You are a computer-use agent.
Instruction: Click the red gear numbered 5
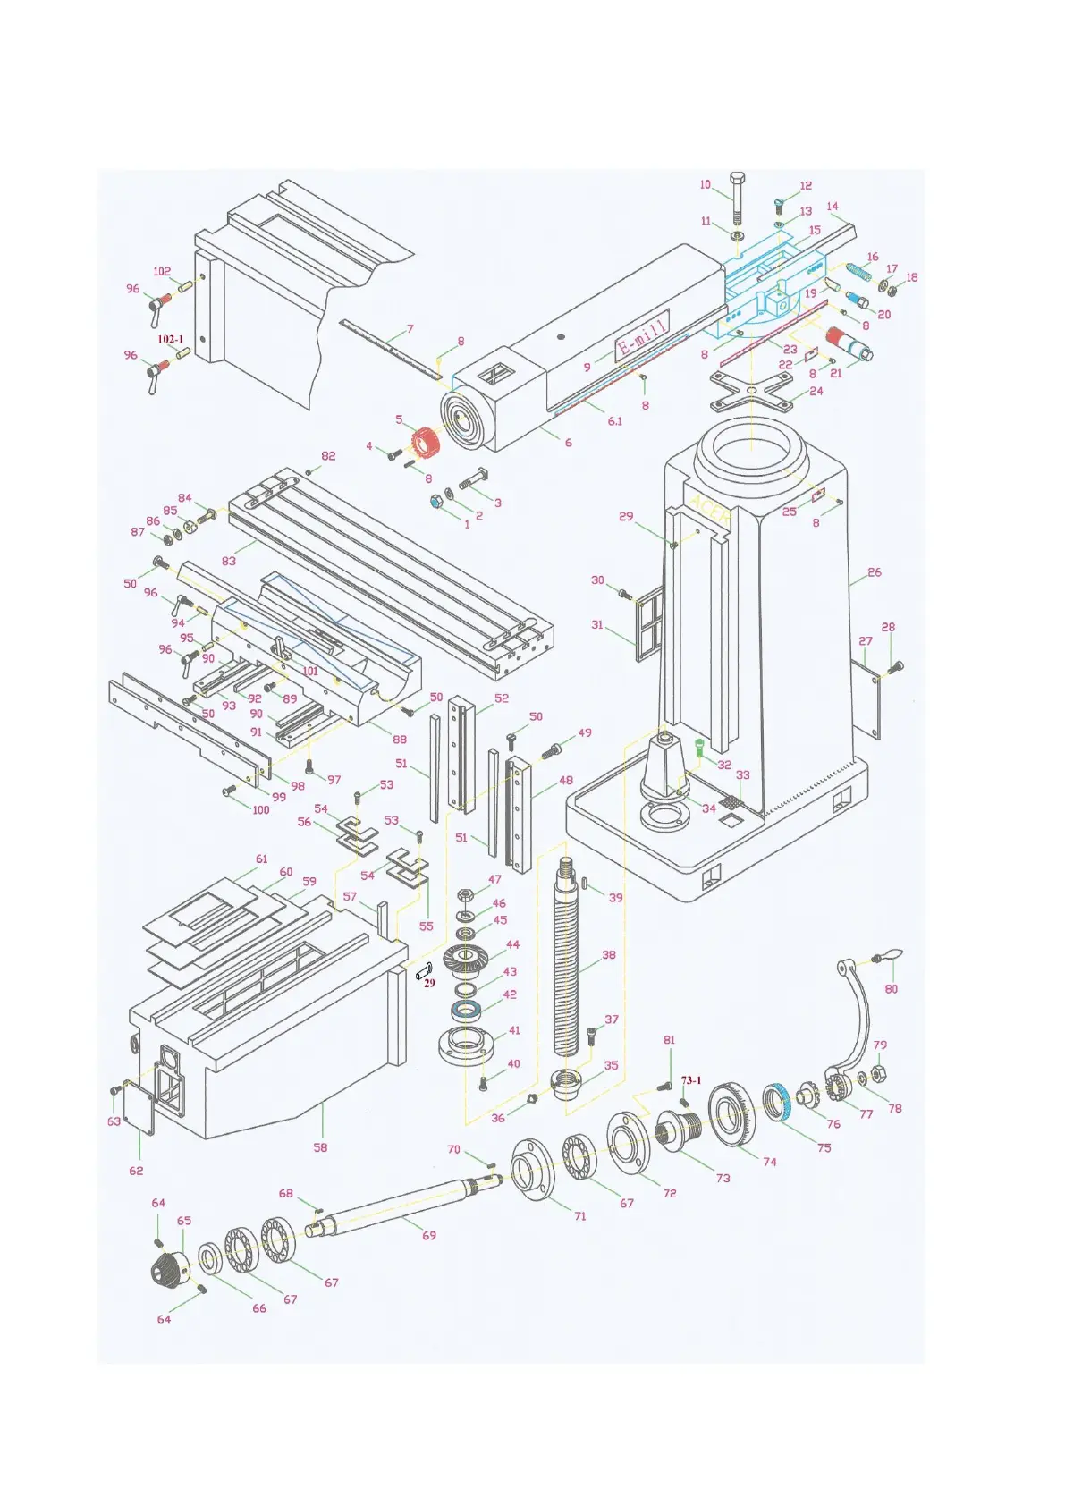click(426, 441)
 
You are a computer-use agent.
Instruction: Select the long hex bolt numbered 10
click(736, 199)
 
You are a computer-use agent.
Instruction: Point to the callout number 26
click(875, 572)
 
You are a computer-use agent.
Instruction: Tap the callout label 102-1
click(170, 340)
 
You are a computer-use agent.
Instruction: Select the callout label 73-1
click(691, 1080)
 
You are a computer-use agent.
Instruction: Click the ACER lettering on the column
click(712, 512)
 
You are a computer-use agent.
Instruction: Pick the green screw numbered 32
click(700, 747)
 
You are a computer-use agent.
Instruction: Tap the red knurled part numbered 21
click(843, 342)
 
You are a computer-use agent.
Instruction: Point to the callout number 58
click(320, 1147)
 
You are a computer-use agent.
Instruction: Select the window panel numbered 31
click(647, 630)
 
